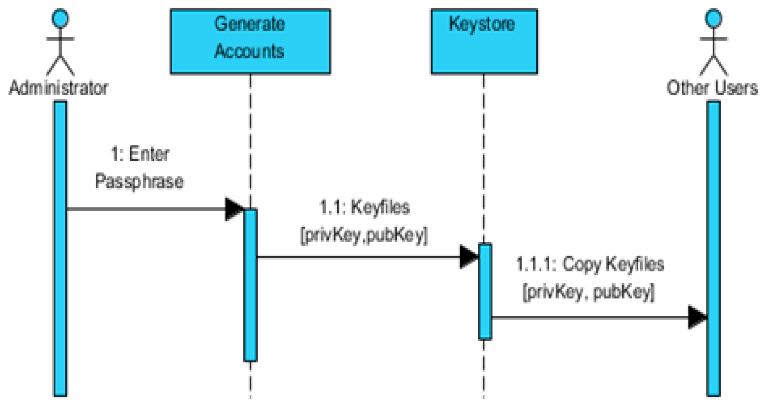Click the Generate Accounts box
tap(250, 41)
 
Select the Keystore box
tap(484, 41)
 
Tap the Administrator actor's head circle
tap(60, 18)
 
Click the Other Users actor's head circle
tap(714, 18)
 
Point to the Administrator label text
tap(58, 88)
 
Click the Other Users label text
tap(712, 88)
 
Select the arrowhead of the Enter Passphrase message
tap(234, 209)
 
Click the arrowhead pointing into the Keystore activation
tap(469, 257)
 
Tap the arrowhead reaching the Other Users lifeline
tap(697, 317)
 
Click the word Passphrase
tap(139, 181)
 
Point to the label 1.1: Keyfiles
tap(364, 207)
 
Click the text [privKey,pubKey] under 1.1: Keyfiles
tap(364, 235)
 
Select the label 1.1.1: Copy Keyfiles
tap(590, 264)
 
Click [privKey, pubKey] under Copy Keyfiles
tap(588, 292)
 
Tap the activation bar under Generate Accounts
tap(250, 285)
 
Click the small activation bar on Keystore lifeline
tap(485, 291)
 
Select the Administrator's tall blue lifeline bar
tap(60, 249)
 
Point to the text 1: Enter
tap(140, 154)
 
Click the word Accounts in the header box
tap(249, 51)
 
